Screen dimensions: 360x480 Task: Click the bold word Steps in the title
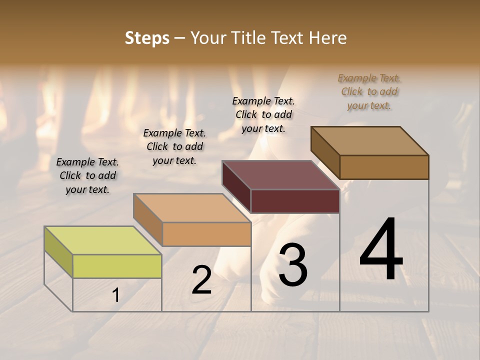click(147, 38)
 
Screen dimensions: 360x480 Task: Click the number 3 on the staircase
click(292, 265)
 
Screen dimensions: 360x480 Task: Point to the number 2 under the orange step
click(201, 280)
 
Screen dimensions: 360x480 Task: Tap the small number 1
click(116, 295)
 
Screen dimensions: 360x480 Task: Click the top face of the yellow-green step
click(102, 240)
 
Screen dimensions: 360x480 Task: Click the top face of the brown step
click(369, 141)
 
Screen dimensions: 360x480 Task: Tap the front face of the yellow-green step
click(117, 266)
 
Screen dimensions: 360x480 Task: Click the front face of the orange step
click(206, 234)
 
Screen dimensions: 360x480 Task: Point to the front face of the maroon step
click(295, 201)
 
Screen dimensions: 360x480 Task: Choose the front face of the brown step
click(384, 167)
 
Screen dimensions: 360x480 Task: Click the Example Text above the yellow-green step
click(87, 175)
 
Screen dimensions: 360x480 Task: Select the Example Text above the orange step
click(174, 146)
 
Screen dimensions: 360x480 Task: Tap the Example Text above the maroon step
click(263, 114)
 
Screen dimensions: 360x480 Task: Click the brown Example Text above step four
click(369, 91)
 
